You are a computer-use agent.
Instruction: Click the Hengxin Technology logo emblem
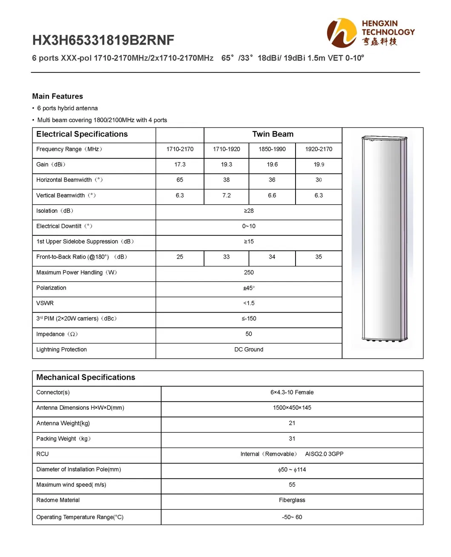342,33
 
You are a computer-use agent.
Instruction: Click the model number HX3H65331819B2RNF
103,40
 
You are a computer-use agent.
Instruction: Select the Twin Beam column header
273,134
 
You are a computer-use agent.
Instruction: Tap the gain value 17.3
180,165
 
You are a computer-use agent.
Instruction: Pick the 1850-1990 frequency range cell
272,149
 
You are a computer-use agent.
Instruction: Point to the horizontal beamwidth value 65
180,180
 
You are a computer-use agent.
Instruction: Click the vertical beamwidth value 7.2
226,196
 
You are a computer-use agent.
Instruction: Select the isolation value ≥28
249,211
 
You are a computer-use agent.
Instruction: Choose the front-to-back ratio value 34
272,257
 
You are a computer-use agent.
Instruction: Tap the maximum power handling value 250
249,273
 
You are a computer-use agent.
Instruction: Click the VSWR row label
45,303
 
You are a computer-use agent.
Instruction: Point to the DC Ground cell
249,350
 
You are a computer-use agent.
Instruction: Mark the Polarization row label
51,288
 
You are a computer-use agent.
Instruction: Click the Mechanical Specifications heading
86,377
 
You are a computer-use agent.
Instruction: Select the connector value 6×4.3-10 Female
292,393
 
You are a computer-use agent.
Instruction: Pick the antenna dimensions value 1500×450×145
292,408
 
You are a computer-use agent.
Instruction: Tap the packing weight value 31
292,439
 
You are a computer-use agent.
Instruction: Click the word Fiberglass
292,500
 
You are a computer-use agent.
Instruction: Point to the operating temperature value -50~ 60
292,517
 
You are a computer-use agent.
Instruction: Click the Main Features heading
57,97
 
